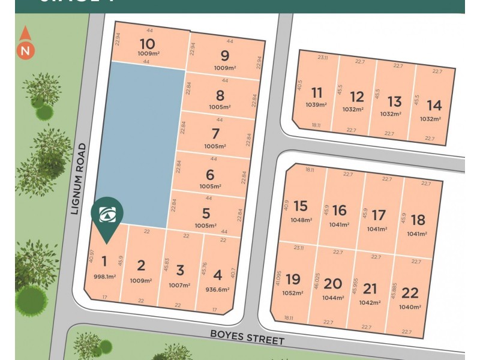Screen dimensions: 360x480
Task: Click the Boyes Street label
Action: click(x=247, y=336)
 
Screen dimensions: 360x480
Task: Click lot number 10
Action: click(x=147, y=44)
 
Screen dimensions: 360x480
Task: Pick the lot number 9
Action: click(x=225, y=56)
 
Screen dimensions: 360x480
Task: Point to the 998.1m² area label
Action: click(x=104, y=276)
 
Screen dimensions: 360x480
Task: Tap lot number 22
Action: click(x=410, y=293)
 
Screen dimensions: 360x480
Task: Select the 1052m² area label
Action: click(x=293, y=293)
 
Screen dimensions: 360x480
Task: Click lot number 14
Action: click(x=434, y=106)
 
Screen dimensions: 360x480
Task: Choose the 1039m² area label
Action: click(x=316, y=105)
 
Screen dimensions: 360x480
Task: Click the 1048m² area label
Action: click(x=301, y=220)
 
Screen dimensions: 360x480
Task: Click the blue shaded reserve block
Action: click(x=138, y=144)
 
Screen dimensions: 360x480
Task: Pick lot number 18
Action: click(x=418, y=220)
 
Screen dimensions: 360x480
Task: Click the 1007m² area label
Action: click(x=180, y=284)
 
